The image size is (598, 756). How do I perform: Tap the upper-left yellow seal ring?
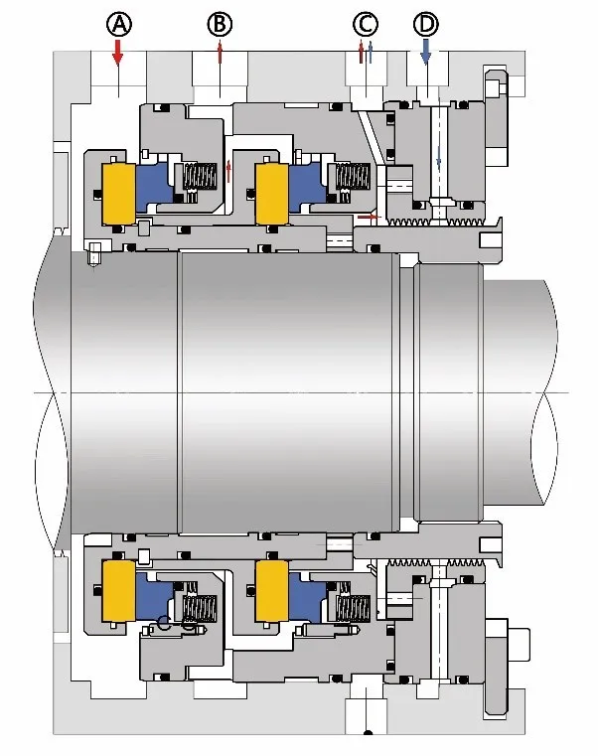[x=118, y=193]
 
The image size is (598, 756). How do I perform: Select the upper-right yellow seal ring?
[x=270, y=193]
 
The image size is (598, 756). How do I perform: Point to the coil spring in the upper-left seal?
[x=197, y=180]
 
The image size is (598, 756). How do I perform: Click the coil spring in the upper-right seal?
[x=350, y=180]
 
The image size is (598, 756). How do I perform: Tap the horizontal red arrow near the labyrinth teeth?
[x=369, y=216]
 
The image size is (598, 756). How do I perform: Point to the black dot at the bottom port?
[x=368, y=735]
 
